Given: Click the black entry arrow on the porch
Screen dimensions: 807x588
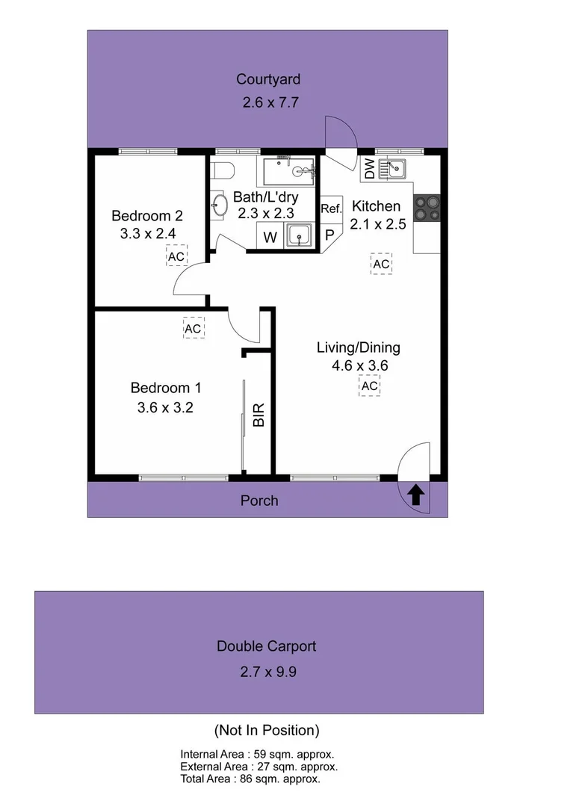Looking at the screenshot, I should (417, 495).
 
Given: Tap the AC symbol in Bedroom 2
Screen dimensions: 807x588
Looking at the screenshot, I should (176, 256).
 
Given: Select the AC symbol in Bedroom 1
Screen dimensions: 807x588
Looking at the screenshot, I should (193, 328).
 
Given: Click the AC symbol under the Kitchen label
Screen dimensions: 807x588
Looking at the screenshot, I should (381, 264).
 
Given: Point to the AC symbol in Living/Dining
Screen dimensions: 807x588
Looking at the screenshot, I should (369, 386).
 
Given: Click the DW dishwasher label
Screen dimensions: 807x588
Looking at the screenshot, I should (369, 170).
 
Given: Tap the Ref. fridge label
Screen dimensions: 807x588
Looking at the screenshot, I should (331, 208).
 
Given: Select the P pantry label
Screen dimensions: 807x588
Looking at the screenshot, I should (329, 235).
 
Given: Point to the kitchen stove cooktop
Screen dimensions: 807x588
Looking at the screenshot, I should (427, 208).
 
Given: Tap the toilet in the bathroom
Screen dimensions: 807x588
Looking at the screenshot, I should (223, 171).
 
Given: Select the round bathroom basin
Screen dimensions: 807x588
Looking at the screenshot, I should (219, 206).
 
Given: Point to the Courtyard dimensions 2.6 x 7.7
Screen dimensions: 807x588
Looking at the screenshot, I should (270, 104).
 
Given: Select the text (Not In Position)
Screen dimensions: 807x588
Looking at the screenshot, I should (267, 730).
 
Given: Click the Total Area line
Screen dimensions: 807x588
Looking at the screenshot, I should (250, 779).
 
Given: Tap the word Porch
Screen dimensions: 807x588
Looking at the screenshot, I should (259, 501).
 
